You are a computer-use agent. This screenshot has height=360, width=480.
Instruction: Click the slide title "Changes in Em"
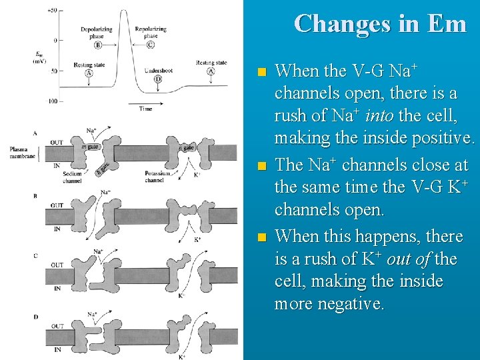coord(380,23)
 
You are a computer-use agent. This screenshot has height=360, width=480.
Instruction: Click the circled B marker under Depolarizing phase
coord(98,45)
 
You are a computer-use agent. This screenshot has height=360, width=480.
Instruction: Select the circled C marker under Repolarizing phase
coord(151,45)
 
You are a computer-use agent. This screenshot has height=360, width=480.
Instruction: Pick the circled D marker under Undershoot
coord(158,79)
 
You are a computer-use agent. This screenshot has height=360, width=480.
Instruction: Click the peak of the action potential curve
coord(124,11)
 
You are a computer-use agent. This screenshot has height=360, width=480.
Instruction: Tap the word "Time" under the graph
coord(145,109)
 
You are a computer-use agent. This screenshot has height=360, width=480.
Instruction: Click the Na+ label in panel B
coord(106,192)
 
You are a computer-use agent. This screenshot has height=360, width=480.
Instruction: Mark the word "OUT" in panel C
coord(58,265)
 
